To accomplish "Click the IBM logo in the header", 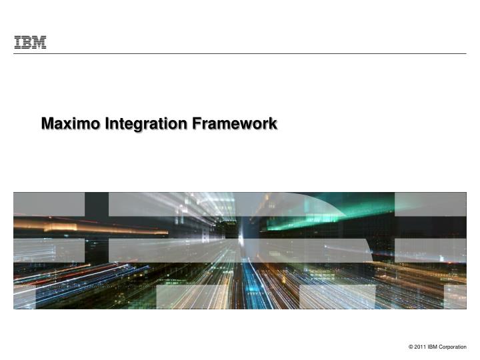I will [30, 43].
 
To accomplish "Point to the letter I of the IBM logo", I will [18, 43].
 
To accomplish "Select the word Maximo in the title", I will [70, 124].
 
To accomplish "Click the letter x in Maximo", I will [70, 125].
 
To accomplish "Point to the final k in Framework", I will [273, 124].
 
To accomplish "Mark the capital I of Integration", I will [107, 124].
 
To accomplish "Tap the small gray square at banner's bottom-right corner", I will [455, 297].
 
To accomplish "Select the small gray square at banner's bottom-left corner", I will [24, 297].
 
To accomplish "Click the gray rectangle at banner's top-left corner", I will [49, 204].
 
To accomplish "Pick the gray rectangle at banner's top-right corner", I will [430, 204].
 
